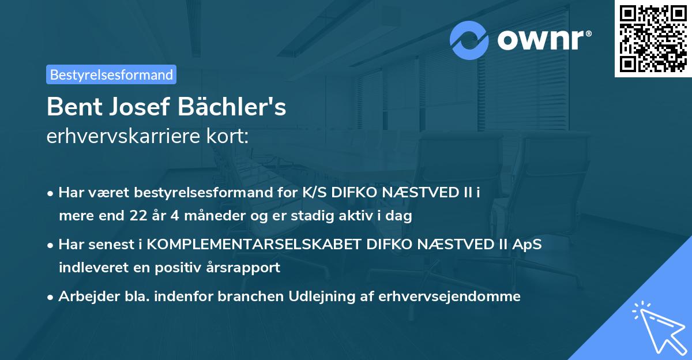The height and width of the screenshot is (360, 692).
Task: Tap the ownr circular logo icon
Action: (x=469, y=40)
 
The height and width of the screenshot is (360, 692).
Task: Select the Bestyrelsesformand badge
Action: (x=111, y=74)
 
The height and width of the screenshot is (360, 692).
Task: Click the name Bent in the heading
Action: (x=73, y=107)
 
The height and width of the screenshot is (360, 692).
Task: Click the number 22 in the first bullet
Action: (x=134, y=216)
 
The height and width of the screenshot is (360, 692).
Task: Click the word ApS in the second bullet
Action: (x=526, y=244)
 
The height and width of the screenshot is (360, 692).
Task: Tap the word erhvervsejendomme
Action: (x=450, y=297)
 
